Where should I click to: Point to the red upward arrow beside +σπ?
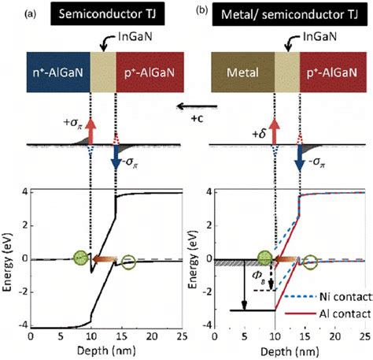coord(91,128)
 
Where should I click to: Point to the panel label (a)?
coord(9,13)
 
